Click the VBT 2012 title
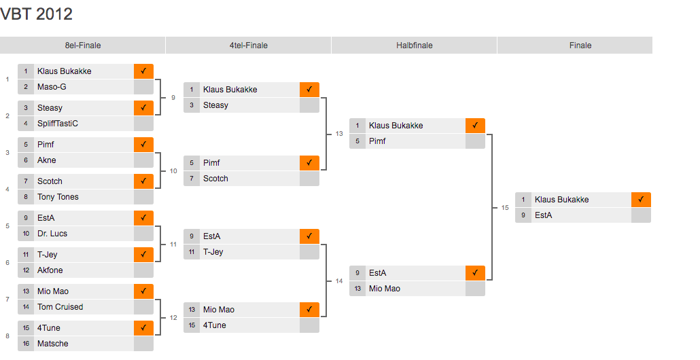pos(37,14)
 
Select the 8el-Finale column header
pos(83,46)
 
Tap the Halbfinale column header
pos(415,46)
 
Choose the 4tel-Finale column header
pos(249,46)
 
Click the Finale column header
pos(580,46)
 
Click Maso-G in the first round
pos(52,87)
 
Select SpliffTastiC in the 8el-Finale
pos(58,124)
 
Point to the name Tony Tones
pos(58,197)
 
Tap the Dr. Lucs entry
pos(52,234)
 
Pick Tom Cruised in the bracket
pos(60,307)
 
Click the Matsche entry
pos(53,344)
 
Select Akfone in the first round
pos(50,270)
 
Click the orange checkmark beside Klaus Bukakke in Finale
pos(641,200)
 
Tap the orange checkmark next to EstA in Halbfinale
pos(475,273)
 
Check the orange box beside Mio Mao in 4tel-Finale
pos(309,310)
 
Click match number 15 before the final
pos(505,208)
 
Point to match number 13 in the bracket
pos(339,134)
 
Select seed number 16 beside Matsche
pos(26,344)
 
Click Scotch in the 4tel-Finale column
pos(215,179)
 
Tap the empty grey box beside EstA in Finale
pos(641,215)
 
